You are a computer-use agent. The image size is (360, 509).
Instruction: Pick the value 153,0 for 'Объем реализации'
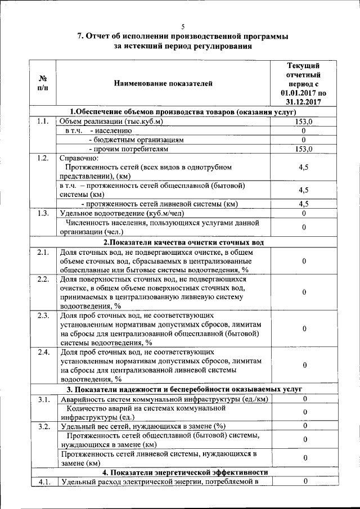(x=303, y=121)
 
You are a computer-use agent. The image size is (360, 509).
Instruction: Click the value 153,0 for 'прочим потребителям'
(x=303, y=148)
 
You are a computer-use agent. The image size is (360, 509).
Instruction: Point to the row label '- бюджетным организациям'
(x=137, y=139)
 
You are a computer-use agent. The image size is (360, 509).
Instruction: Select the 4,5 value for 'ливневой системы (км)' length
(x=303, y=204)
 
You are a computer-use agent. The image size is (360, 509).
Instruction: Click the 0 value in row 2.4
(x=303, y=366)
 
